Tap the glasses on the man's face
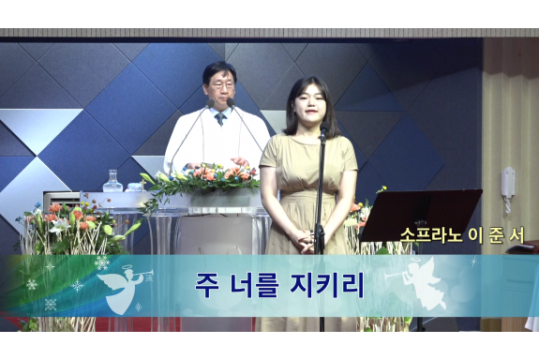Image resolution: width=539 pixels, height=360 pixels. (219, 87)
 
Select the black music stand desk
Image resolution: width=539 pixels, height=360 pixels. (421, 215)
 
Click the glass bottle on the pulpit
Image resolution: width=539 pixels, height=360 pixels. (112, 182)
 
